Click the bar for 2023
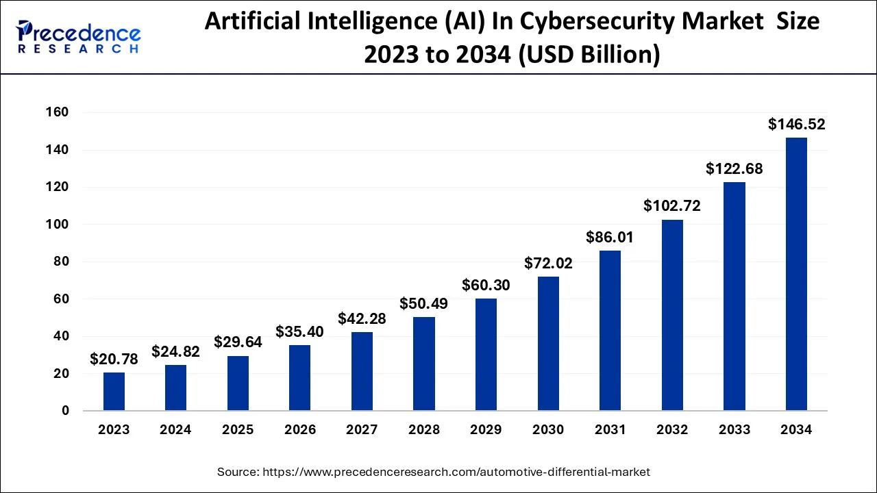114,392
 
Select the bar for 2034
796,274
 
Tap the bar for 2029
486,355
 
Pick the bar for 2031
610,331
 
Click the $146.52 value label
796,125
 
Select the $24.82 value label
175,352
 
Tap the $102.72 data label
671,206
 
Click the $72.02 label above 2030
548,263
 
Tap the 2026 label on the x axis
299,430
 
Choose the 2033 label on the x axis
734,430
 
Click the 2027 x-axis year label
362,430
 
